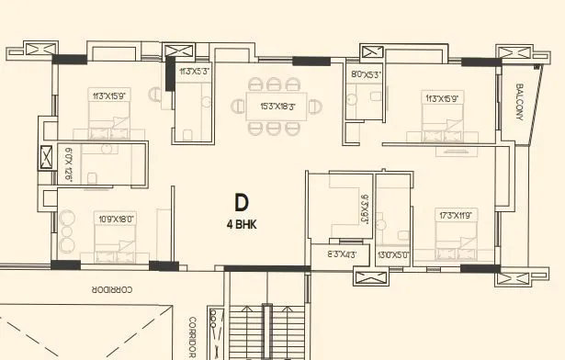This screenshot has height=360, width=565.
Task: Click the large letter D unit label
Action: (242, 203)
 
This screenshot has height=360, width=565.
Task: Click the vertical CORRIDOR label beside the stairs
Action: (193, 337)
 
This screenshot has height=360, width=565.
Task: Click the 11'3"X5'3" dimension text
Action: (196, 71)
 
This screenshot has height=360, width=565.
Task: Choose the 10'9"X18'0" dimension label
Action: (117, 219)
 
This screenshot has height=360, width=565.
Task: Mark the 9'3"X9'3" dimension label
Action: (366, 210)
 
